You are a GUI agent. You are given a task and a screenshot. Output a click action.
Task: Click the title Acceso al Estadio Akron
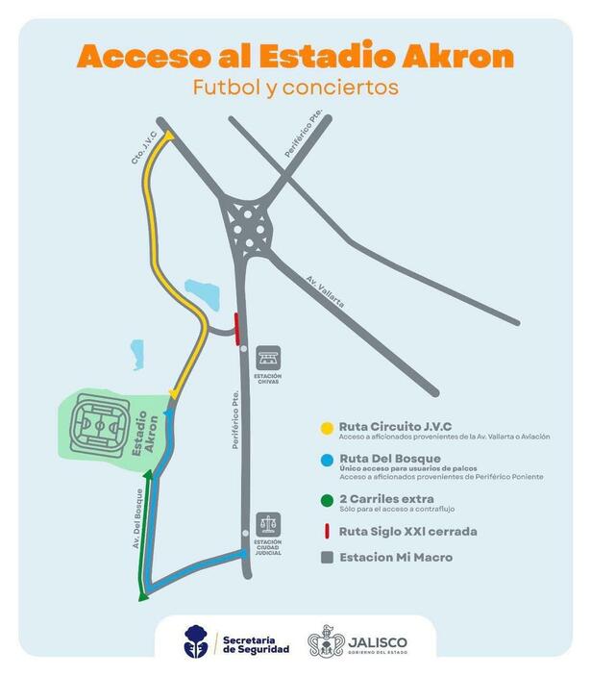295,57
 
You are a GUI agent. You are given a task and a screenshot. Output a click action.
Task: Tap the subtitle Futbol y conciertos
295,87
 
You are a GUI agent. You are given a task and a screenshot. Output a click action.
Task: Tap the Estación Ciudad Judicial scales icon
268,525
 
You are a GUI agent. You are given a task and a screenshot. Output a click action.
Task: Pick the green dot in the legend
328,498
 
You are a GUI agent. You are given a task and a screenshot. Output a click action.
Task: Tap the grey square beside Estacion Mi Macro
328,556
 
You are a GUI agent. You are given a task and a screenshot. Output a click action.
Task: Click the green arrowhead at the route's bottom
143,596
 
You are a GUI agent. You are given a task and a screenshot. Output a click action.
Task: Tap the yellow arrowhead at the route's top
170,137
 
